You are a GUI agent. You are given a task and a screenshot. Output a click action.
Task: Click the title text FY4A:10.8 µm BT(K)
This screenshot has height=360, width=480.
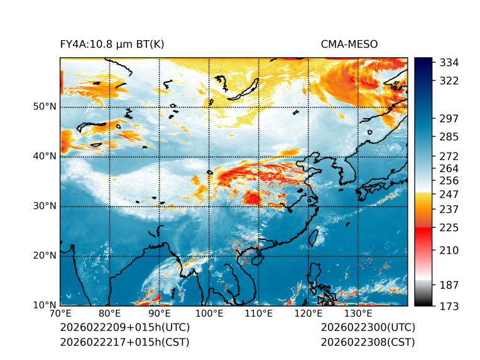click(x=112, y=45)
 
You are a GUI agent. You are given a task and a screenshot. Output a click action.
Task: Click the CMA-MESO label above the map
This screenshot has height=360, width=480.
click(x=349, y=45)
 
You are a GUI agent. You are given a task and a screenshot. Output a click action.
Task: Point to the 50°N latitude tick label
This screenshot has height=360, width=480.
click(x=45, y=107)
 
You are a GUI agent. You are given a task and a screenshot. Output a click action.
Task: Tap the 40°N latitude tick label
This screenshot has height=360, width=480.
click(x=45, y=156)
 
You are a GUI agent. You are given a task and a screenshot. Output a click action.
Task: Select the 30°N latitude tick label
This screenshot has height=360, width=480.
click(x=45, y=206)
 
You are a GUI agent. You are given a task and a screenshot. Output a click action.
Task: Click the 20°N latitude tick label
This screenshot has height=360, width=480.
click(x=45, y=256)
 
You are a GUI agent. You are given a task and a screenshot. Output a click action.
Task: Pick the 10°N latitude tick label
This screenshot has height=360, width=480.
click(x=45, y=305)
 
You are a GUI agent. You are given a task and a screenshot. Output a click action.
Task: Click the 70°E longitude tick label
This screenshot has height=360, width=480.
click(x=60, y=314)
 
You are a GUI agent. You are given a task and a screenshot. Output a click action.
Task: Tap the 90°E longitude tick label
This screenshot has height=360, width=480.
click(x=160, y=314)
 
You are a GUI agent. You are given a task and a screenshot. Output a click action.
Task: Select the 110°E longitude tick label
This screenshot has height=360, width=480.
click(x=259, y=314)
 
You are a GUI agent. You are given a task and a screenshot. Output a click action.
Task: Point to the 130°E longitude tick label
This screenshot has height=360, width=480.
click(x=358, y=314)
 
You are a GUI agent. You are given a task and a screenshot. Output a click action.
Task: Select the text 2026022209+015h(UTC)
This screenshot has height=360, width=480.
click(x=124, y=328)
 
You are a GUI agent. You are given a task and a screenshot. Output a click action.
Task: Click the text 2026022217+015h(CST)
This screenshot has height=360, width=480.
click(x=124, y=342)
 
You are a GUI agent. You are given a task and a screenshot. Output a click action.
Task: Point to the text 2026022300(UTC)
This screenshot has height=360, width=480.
click(x=368, y=328)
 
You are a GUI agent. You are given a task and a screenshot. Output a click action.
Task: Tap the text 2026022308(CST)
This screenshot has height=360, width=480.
click(x=368, y=342)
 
